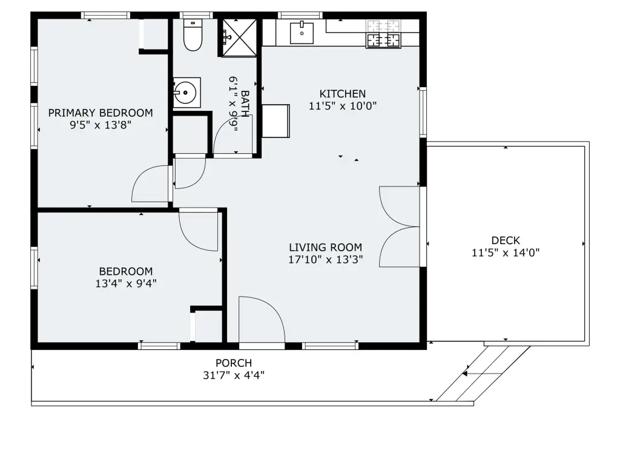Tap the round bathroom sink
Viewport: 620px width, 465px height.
(185, 93)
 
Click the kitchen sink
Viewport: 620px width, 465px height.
(302, 33)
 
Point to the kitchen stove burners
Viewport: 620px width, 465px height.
(383, 34)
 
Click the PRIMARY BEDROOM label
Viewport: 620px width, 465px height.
(101, 113)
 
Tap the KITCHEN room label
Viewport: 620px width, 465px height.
(343, 94)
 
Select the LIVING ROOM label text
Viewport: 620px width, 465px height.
(325, 248)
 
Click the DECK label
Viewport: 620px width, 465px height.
(506, 240)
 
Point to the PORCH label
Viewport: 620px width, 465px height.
(234, 363)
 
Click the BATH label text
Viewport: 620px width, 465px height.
(245, 104)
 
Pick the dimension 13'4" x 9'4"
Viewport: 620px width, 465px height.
(126, 283)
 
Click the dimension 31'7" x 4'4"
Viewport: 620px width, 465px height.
(234, 375)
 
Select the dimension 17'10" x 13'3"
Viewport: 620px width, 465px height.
(325, 260)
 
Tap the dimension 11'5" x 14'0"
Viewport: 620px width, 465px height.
(506, 252)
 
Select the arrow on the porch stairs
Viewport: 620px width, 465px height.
(482, 374)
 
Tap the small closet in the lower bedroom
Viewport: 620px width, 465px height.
(208, 326)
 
